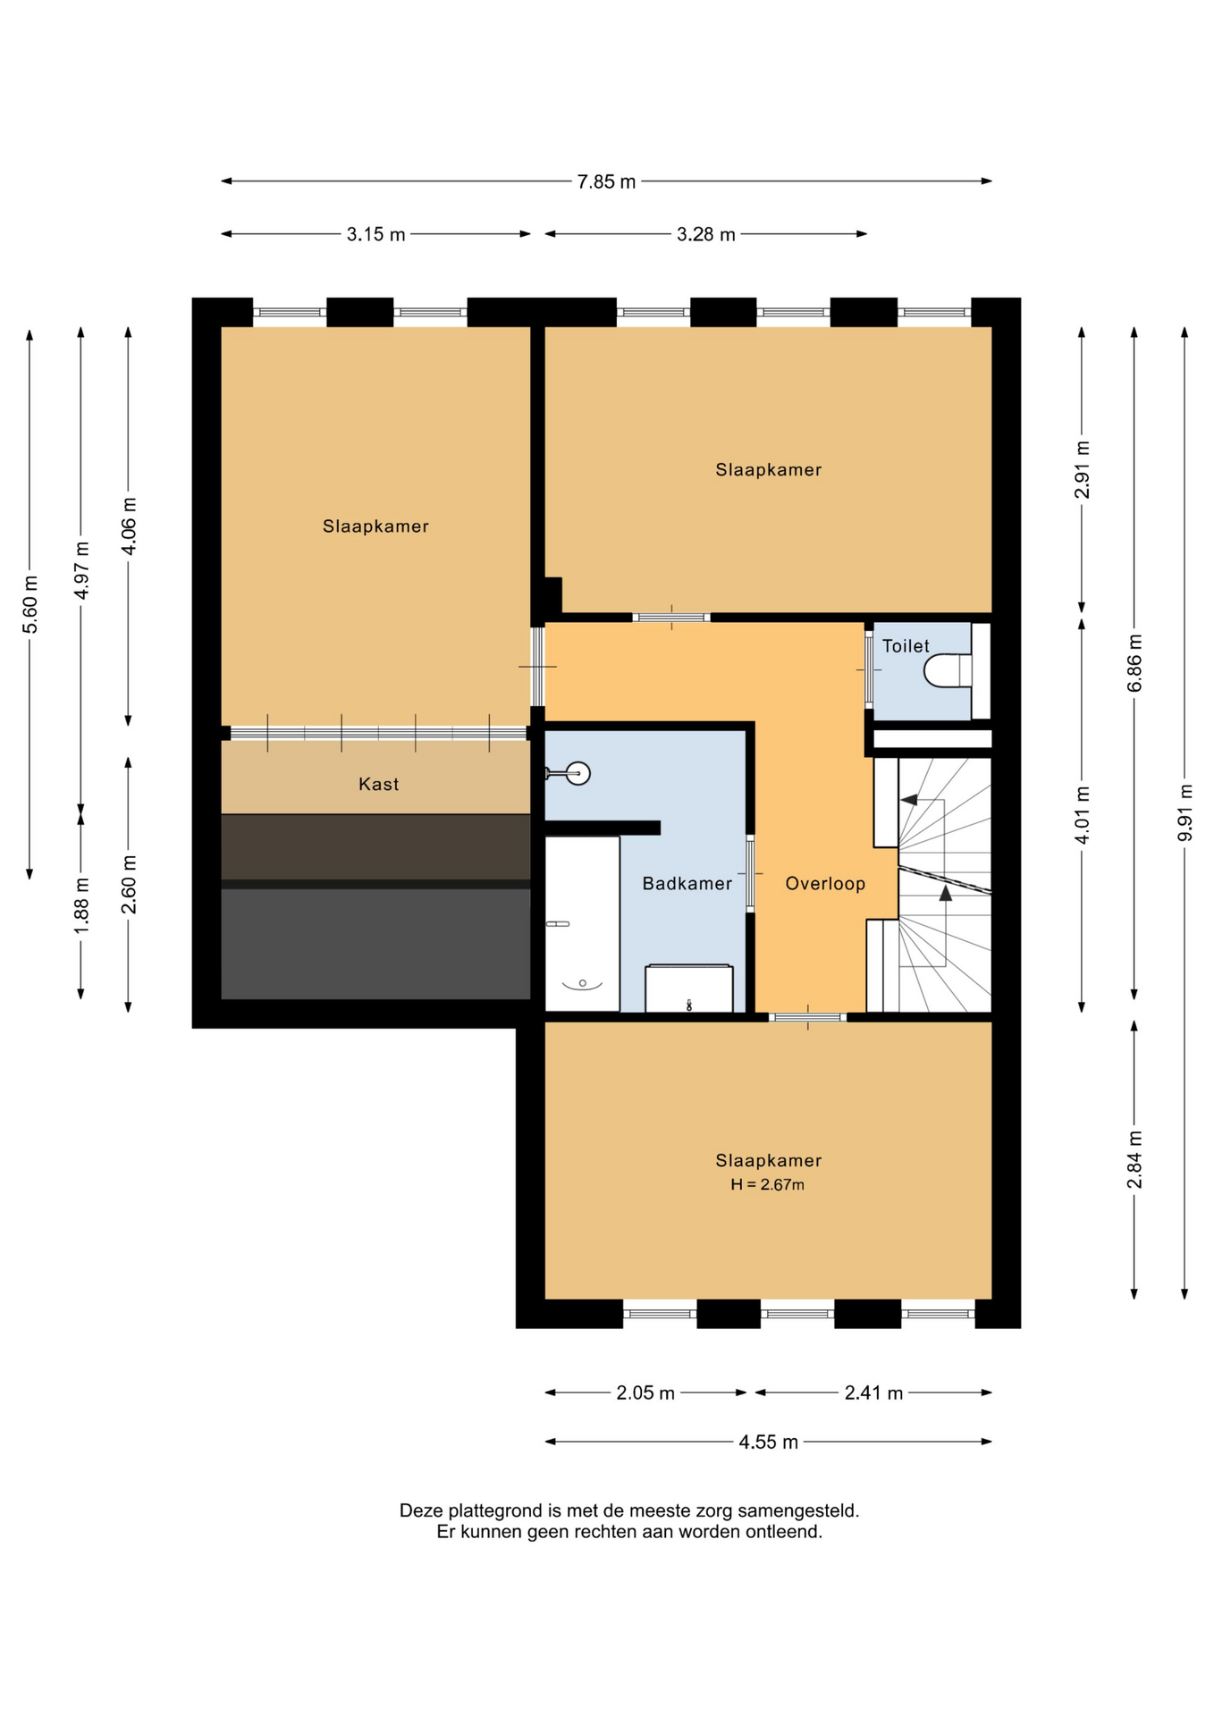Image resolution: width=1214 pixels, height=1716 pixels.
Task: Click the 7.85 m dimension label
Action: (x=606, y=181)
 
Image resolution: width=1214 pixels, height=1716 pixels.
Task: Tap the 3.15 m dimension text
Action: (x=375, y=234)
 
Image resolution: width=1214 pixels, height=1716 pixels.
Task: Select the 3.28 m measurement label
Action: (x=705, y=234)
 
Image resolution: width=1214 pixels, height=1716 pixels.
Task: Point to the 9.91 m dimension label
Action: (x=1185, y=812)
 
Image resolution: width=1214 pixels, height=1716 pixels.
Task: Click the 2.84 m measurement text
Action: (x=1134, y=1159)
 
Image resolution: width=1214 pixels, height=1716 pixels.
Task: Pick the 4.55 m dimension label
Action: (x=768, y=1442)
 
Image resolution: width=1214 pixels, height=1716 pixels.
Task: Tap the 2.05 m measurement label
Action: (x=645, y=1392)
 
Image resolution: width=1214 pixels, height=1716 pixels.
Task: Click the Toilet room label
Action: (x=906, y=645)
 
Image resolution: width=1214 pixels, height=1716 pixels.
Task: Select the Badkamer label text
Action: (x=687, y=883)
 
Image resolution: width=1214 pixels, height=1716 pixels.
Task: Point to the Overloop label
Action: (x=825, y=883)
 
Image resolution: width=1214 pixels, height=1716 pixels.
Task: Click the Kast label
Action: (x=378, y=784)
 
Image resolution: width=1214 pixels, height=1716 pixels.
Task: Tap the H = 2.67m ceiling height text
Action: (x=767, y=1184)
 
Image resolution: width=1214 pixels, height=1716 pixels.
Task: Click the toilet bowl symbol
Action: (x=947, y=670)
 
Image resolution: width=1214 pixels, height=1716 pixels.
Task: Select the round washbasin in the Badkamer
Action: (x=577, y=773)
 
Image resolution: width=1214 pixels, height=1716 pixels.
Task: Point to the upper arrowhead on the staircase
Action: (x=908, y=799)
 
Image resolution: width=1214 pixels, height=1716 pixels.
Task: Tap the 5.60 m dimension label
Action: (x=30, y=603)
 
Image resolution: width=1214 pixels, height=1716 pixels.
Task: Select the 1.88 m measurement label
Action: (x=81, y=905)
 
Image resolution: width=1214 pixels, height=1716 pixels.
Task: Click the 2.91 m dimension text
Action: (x=1082, y=470)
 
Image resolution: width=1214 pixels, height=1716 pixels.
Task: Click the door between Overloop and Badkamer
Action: (x=750, y=873)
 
